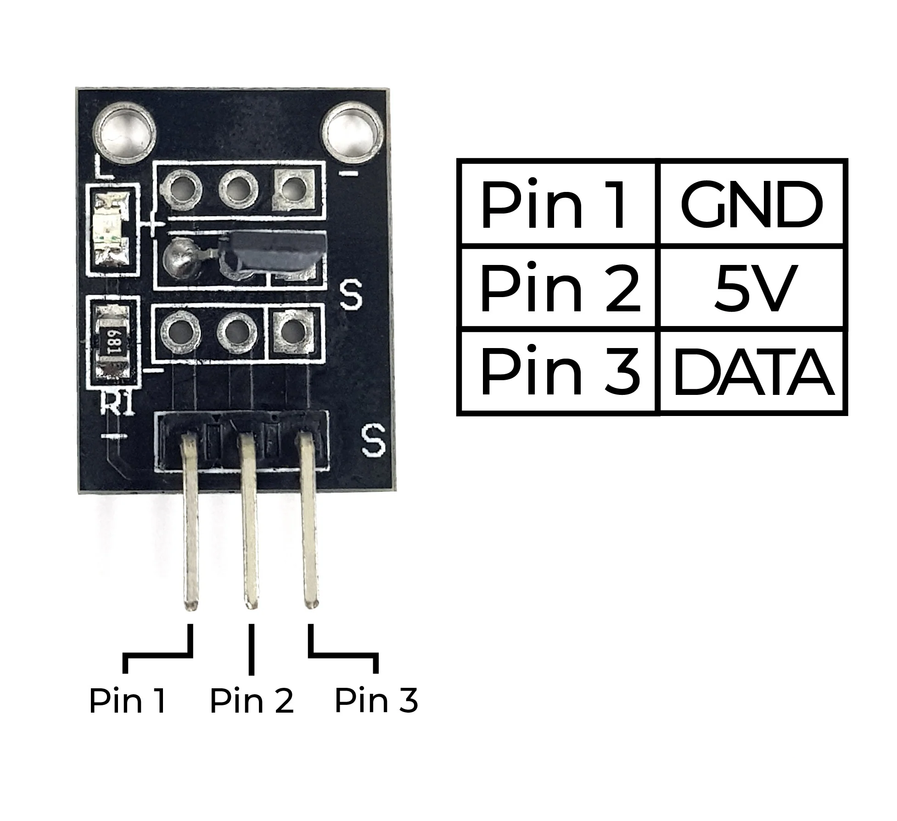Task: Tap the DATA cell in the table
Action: click(x=753, y=372)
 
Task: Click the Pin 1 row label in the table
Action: click(x=553, y=204)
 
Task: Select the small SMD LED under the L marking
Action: click(x=113, y=230)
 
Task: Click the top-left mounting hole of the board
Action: click(x=125, y=133)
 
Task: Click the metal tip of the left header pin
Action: click(x=191, y=602)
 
